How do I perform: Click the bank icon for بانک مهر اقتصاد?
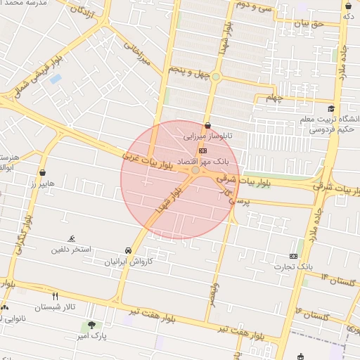point(203,150)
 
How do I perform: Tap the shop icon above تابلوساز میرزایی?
point(207,126)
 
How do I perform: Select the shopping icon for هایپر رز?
point(43,172)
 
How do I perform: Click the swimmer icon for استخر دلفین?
point(71,239)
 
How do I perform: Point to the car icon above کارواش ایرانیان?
point(127,250)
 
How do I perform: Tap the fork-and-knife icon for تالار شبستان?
point(55,296)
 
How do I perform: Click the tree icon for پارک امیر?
point(91,325)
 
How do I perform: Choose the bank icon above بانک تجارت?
point(293,256)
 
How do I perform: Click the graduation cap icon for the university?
point(331,108)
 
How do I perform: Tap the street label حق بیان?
point(307,24)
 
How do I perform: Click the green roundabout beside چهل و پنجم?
point(217,77)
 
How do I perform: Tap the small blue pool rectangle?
point(56,79)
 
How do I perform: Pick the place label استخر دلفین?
point(71,250)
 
